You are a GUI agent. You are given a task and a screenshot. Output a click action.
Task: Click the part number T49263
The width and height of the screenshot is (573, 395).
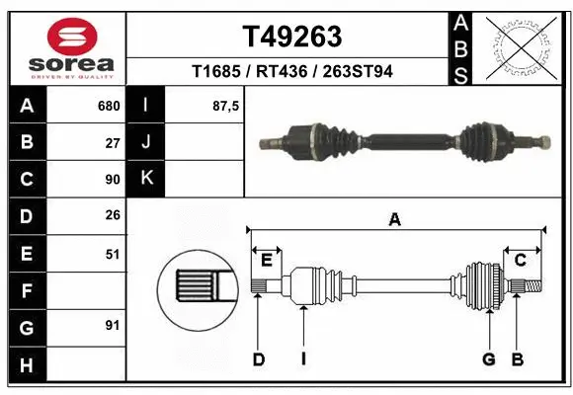[291, 37]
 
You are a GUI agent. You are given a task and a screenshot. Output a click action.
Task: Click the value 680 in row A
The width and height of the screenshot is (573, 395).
[108, 106]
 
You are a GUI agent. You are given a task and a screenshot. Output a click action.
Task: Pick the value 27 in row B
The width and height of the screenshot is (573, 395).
[113, 142]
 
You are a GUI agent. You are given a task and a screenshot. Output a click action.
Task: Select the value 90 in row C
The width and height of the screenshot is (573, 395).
[113, 180]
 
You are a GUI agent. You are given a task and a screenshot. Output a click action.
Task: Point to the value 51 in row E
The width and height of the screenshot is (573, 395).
[113, 254]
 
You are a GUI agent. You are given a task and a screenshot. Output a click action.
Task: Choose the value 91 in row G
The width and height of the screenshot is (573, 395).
[113, 325]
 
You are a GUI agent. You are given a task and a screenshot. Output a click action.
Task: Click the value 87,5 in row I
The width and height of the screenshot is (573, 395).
[226, 106]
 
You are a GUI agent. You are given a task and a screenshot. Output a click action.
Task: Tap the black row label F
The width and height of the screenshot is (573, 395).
[26, 290]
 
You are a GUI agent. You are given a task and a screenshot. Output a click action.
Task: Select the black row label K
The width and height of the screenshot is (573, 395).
[145, 179]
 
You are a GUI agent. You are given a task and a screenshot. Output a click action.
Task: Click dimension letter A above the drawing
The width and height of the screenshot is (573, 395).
[395, 220]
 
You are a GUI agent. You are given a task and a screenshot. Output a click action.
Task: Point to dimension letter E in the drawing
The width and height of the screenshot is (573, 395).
[267, 260]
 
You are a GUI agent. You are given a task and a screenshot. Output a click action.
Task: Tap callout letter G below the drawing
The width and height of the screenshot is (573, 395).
[488, 359]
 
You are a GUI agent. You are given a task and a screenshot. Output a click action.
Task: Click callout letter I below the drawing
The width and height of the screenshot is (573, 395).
[304, 359]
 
